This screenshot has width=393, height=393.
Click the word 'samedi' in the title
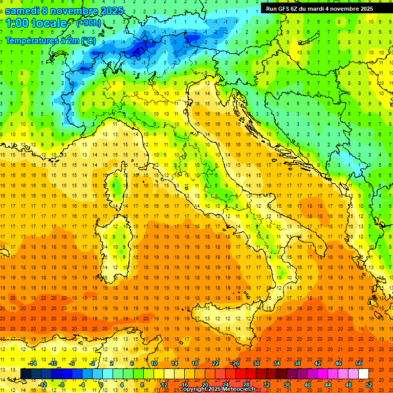[23, 11]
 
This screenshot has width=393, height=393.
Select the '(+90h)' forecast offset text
[88, 23]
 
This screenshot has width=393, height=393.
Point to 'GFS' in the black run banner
[285, 9]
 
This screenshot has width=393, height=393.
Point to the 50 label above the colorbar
[359, 363]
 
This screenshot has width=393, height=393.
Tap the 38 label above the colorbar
[297, 363]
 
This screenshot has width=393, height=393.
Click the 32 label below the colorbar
[267, 384]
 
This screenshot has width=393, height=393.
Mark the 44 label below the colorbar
[328, 384]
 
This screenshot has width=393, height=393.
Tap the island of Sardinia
[115, 246]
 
